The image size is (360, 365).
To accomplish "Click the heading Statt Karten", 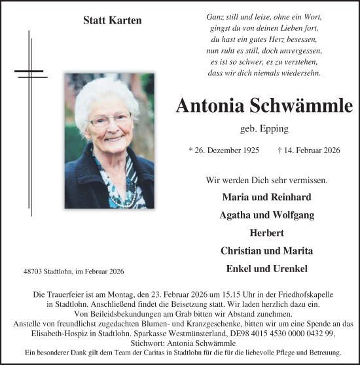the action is (x=113, y=20).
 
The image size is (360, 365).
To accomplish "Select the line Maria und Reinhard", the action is (x=266, y=197).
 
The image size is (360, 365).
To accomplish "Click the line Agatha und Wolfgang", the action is (x=266, y=215).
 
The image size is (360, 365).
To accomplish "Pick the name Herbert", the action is (x=266, y=232).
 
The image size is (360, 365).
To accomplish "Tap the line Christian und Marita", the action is (x=266, y=250).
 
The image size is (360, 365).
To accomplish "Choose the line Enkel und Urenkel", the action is (x=266, y=268).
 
